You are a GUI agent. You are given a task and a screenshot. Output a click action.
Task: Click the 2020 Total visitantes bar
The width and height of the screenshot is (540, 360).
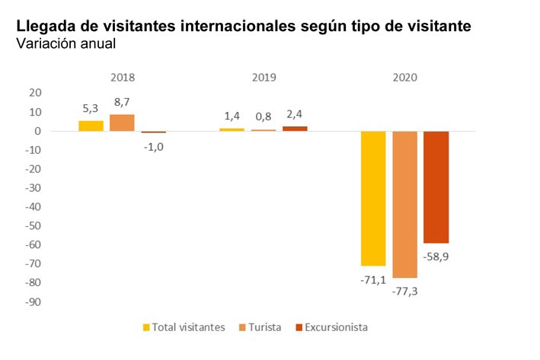pos(373,198)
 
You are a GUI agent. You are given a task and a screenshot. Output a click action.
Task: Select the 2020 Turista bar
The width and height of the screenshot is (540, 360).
pos(404,204)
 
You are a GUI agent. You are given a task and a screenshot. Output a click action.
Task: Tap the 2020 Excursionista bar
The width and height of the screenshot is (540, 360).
pos(436,186)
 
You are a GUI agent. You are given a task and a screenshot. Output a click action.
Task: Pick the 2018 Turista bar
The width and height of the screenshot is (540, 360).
pos(122,123)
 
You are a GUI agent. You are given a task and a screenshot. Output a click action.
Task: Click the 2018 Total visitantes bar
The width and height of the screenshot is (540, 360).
pos(91,126)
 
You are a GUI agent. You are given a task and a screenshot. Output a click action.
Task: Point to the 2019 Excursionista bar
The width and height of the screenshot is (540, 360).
pos(295,129)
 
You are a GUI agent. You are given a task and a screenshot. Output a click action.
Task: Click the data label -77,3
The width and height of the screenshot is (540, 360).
pos(404,291)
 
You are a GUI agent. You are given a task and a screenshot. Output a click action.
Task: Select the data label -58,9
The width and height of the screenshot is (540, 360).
pos(436,256)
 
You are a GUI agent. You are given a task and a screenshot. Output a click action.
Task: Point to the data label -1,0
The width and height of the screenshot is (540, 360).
pos(153,146)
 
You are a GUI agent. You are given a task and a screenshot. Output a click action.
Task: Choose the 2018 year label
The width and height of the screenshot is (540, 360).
pos(122,77)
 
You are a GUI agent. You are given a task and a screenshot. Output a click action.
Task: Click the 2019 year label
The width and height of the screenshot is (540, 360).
pos(264,77)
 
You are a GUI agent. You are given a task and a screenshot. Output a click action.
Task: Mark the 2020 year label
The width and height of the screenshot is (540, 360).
pos(404,77)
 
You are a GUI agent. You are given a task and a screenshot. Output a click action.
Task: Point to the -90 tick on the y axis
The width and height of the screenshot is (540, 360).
pos(34,301)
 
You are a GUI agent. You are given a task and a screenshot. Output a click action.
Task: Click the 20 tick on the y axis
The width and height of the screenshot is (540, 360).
pos(35,93)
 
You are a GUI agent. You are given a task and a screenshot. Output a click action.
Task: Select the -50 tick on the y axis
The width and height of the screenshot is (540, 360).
pos(34,226)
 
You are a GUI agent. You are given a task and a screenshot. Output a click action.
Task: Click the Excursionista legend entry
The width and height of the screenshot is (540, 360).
pos(331,327)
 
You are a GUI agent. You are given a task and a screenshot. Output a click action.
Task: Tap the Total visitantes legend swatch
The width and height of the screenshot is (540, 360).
pos(146,327)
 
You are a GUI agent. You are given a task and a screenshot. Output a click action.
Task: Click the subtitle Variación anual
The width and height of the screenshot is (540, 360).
pos(66,43)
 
